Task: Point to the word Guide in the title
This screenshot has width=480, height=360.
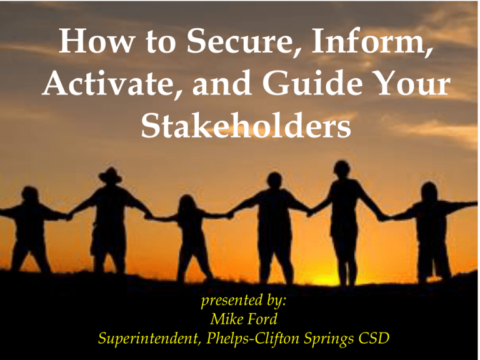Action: (312, 83)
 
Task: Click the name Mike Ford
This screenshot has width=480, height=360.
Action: (244, 319)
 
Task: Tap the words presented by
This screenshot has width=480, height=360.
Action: (244, 300)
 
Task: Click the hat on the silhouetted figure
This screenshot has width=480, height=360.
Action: (110, 175)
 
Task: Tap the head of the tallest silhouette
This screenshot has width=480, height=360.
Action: (342, 169)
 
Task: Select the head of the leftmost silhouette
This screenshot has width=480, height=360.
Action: (30, 194)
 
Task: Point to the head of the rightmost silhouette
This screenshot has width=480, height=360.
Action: (429, 192)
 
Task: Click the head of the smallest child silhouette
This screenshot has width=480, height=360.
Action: (187, 203)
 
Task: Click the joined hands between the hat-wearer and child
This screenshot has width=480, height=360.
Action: (149, 216)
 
